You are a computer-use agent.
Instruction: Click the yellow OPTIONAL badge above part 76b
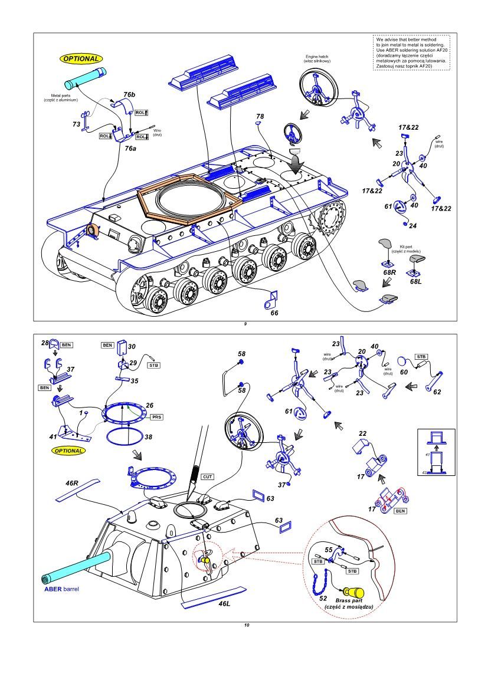81,59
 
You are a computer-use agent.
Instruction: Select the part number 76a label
130,149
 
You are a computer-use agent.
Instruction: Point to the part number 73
76,124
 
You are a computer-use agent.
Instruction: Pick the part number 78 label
260,116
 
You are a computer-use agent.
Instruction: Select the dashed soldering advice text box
411,53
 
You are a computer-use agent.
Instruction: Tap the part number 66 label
274,313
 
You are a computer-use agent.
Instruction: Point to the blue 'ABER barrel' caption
61,589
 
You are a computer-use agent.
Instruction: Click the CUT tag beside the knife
207,476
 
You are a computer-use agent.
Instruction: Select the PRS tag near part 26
157,417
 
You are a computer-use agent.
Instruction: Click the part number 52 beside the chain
323,597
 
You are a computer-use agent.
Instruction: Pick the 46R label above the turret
72,483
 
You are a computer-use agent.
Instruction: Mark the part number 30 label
132,347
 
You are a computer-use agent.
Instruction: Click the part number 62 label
437,392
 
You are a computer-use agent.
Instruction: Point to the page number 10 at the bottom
246,625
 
